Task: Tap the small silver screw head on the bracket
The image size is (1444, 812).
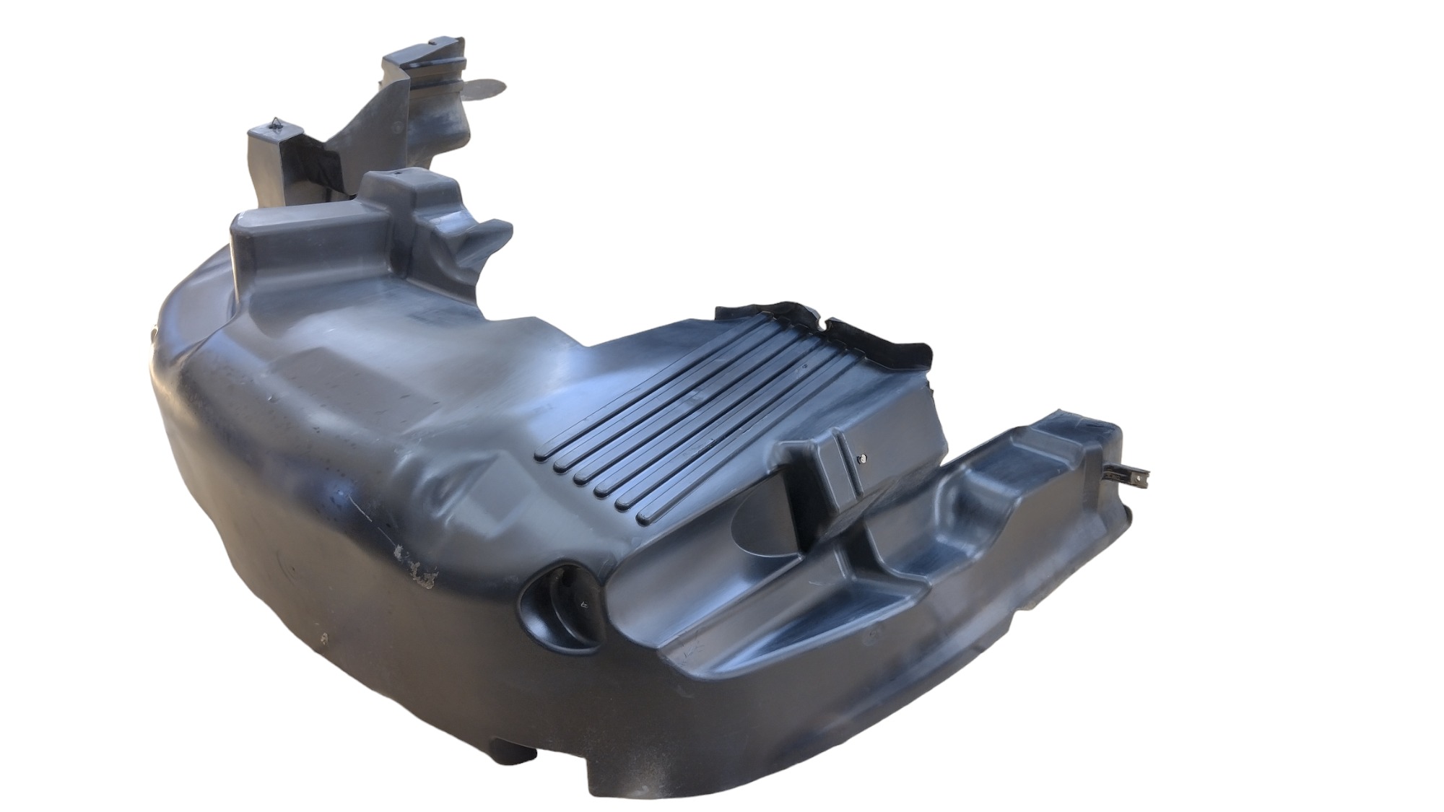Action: click(x=862, y=458)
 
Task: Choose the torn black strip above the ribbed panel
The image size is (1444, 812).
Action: click(x=823, y=329)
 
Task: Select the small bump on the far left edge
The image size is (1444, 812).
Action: click(x=152, y=333)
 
